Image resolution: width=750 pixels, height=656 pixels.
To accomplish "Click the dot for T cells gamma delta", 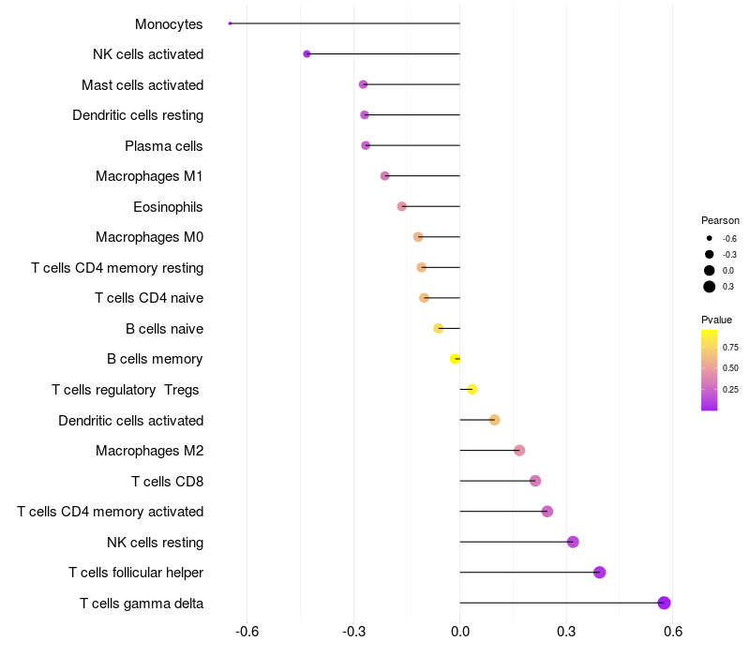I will click(x=664, y=603).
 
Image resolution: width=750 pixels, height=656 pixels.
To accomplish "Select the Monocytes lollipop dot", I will click(x=230, y=23).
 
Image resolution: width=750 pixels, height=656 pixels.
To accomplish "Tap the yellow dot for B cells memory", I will click(x=455, y=359).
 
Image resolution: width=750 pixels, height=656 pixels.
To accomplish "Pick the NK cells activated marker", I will click(x=307, y=54).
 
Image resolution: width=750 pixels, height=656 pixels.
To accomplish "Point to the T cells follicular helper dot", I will click(x=599, y=573).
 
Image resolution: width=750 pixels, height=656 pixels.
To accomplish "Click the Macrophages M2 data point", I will click(x=519, y=451).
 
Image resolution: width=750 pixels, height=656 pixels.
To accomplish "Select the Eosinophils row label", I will click(x=168, y=207).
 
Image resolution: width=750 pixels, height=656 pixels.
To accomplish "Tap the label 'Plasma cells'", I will click(x=164, y=146).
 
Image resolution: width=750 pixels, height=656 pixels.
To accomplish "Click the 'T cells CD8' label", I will click(x=167, y=482).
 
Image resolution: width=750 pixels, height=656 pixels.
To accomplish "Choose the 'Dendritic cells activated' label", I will click(x=130, y=421).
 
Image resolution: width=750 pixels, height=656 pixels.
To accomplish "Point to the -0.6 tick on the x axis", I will click(x=247, y=632).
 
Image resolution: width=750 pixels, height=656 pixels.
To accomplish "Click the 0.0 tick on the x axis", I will click(x=459, y=632).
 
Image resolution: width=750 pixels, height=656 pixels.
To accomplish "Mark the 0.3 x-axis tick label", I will click(x=566, y=632).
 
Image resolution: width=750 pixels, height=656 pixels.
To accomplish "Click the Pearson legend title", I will click(x=720, y=220).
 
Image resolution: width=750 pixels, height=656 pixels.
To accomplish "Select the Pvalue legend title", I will click(x=717, y=320).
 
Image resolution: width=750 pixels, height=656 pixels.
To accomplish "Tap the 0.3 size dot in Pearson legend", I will click(x=710, y=287).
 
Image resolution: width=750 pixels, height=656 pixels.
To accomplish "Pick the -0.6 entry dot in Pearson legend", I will click(x=710, y=238).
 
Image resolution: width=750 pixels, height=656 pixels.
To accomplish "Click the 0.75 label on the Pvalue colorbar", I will click(x=730, y=347).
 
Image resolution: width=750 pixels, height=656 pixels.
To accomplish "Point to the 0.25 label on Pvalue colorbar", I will click(x=730, y=390).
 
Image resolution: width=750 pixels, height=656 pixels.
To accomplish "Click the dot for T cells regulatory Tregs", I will click(x=472, y=390).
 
